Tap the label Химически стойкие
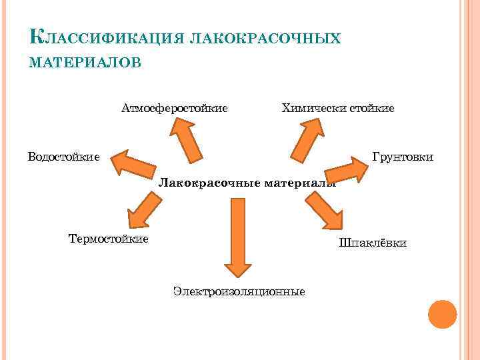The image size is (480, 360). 338,108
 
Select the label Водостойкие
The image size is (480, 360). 64,157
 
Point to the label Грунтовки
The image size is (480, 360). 403,157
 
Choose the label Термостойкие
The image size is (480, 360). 109,238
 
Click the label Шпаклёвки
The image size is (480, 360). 373,243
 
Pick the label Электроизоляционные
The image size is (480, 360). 239,291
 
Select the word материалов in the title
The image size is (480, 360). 85,62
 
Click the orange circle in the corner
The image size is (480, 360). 441,314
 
